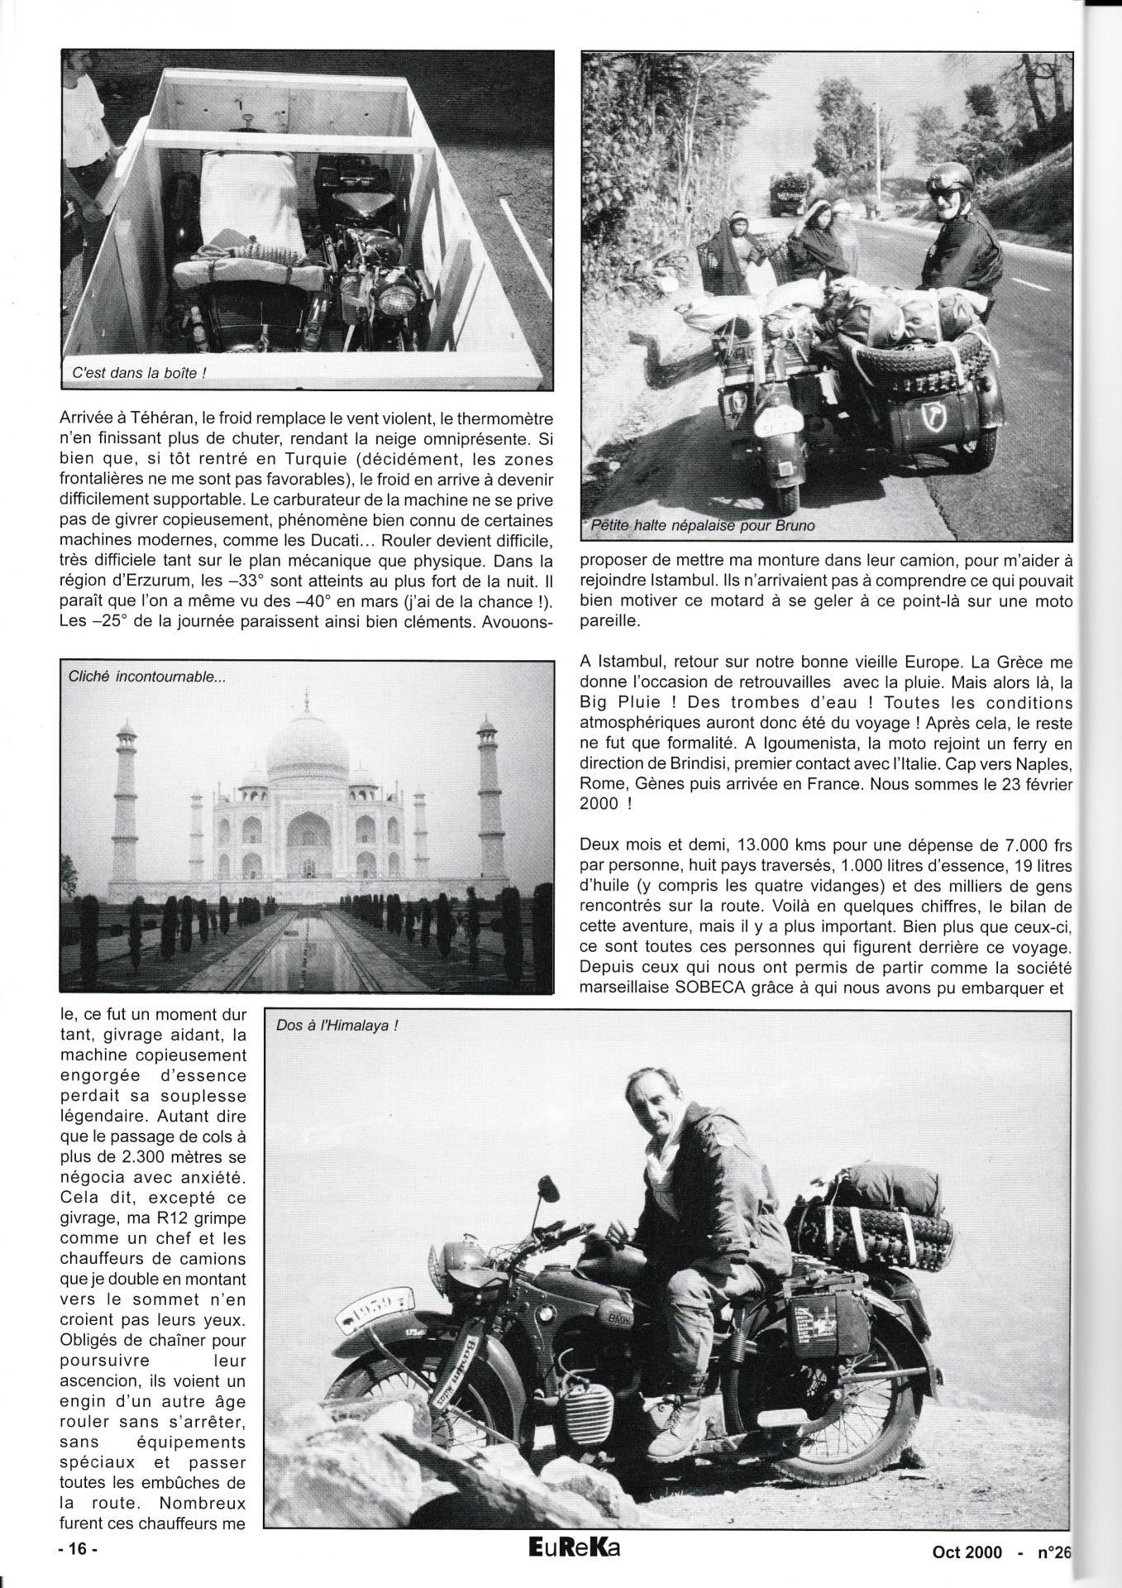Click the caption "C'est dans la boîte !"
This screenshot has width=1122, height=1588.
point(138,373)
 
